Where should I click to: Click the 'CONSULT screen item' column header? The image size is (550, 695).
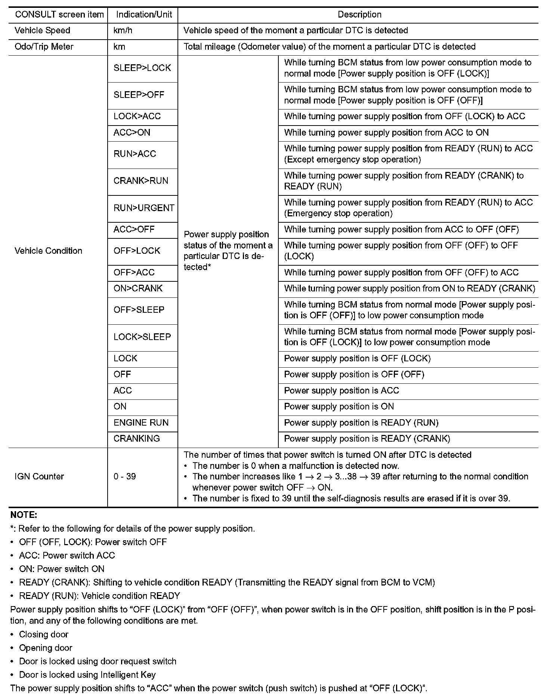click(59, 15)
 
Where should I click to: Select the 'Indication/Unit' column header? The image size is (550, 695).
click(144, 15)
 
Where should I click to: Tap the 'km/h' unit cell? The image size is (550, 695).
click(123, 31)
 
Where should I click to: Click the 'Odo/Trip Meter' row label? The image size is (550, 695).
click(44, 47)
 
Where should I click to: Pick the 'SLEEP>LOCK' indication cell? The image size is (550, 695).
click(142, 68)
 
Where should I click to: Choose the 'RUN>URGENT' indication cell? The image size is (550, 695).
click(144, 208)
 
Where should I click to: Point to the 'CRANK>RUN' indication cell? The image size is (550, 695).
click(141, 181)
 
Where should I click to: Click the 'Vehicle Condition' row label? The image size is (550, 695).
click(48, 251)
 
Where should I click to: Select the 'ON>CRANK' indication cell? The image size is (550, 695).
click(138, 288)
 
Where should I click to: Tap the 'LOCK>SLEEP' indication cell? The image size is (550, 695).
click(142, 337)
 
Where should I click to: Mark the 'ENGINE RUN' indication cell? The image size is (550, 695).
click(141, 423)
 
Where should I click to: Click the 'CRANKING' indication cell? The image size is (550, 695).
click(136, 439)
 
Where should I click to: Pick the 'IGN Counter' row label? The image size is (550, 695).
click(39, 476)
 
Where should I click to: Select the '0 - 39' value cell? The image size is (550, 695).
click(124, 476)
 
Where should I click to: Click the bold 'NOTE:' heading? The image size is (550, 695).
click(24, 515)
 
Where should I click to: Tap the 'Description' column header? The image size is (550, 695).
click(359, 15)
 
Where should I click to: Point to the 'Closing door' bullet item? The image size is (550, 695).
click(44, 634)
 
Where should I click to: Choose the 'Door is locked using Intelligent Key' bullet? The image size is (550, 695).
click(87, 675)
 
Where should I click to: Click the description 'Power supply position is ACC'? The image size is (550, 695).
click(342, 390)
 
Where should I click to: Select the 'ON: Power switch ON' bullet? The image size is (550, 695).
click(62, 569)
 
